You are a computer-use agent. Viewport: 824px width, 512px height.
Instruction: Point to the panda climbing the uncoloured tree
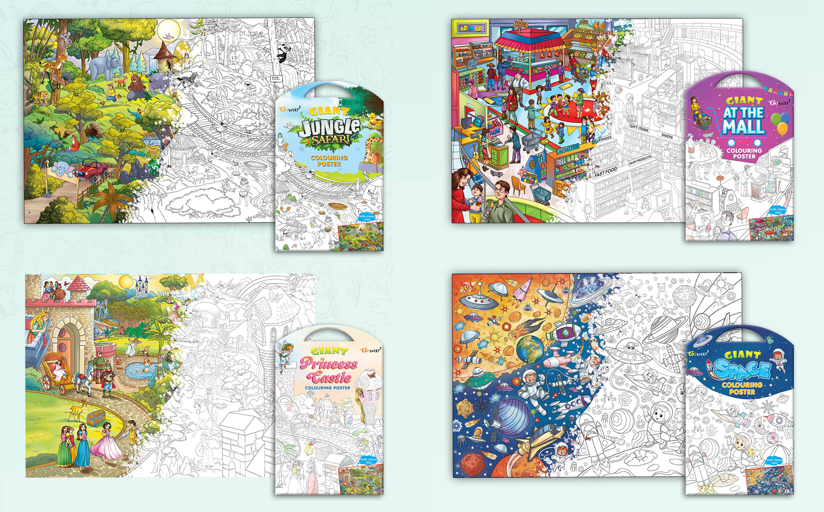point(283,54)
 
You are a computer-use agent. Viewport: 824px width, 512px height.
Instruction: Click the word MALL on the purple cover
point(743,127)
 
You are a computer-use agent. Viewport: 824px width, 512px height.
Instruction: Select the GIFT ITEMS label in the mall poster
point(639,128)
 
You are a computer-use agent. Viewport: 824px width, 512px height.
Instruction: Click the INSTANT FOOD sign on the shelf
point(568,149)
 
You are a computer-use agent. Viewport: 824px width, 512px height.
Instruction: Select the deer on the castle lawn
point(78,409)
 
